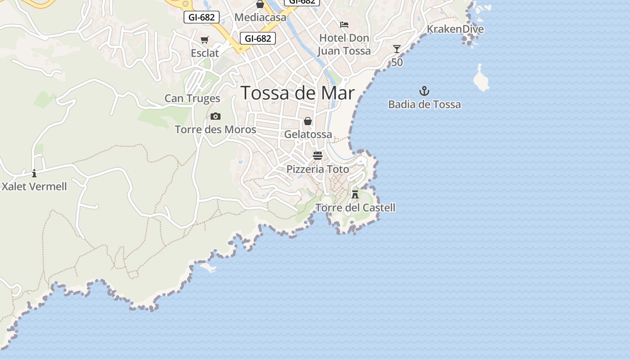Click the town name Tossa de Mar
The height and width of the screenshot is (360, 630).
click(298, 93)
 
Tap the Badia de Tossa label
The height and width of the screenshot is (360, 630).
click(424, 104)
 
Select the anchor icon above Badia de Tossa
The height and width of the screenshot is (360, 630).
click(424, 91)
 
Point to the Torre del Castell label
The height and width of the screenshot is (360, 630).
click(355, 207)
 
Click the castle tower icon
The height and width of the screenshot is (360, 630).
click(355, 194)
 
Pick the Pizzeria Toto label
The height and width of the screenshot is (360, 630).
click(318, 169)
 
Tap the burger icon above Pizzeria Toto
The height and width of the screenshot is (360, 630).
click(318, 156)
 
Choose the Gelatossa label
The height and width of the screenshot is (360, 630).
click(308, 134)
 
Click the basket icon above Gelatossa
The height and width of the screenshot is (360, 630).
click(308, 121)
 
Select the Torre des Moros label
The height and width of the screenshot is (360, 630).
click(215, 130)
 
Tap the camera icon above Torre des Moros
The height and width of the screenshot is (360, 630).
click(216, 117)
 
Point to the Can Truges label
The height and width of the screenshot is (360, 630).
click(192, 98)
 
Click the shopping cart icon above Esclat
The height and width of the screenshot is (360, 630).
click(205, 40)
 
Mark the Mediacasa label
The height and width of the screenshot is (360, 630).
click(260, 18)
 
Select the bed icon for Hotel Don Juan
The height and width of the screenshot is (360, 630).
click(344, 25)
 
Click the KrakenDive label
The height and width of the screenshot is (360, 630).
click(455, 29)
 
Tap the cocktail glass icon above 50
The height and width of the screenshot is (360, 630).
click(396, 49)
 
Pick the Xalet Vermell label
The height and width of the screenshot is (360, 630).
click(34, 186)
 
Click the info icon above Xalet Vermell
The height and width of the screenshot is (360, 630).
click(34, 173)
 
